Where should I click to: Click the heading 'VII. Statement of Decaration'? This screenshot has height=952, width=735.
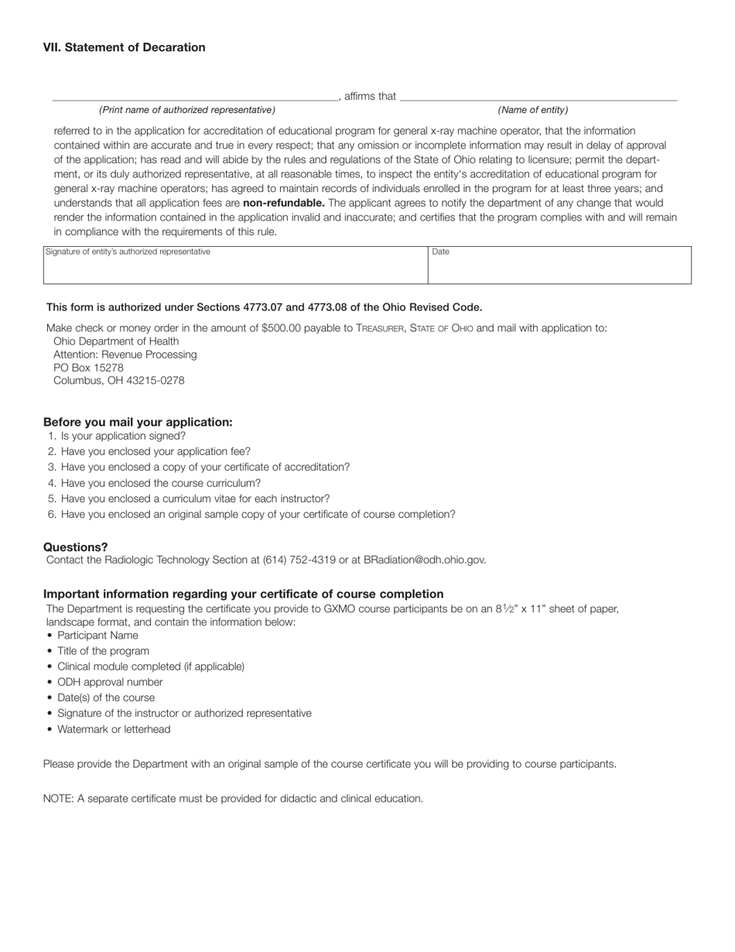pyautogui.click(x=124, y=47)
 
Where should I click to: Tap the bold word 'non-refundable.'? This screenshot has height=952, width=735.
pyautogui.click(x=283, y=203)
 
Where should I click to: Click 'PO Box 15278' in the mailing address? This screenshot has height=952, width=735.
pyautogui.click(x=88, y=368)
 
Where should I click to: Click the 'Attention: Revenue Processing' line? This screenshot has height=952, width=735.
pyautogui.click(x=125, y=354)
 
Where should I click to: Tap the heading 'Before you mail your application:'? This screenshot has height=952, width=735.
pyautogui.click(x=138, y=422)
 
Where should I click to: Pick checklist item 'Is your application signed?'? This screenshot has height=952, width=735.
pyautogui.click(x=123, y=436)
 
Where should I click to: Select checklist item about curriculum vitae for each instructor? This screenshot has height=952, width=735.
pyautogui.click(x=195, y=498)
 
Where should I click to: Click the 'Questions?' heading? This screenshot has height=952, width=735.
pyautogui.click(x=76, y=547)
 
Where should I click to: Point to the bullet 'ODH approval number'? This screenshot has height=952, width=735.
pyautogui.click(x=110, y=682)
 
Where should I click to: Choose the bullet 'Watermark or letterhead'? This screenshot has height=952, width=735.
pyautogui.click(x=114, y=729)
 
